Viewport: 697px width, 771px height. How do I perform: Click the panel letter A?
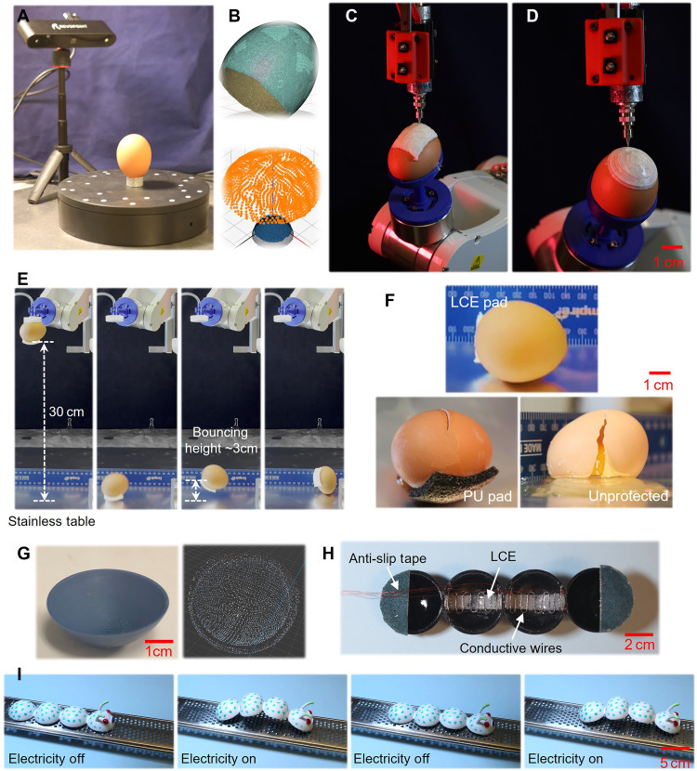[23, 16]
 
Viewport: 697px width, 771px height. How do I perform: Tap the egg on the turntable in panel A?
[133, 155]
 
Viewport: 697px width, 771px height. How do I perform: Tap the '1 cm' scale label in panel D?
[668, 262]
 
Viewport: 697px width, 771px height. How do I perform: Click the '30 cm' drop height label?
[66, 412]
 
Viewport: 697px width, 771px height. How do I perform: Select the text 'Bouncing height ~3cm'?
[221, 440]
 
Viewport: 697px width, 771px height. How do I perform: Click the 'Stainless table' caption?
[52, 521]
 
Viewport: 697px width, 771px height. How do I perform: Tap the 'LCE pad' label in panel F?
[479, 302]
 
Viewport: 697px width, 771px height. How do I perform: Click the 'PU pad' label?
[488, 497]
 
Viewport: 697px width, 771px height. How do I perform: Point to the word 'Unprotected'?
[628, 496]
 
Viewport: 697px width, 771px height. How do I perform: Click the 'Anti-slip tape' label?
[388, 558]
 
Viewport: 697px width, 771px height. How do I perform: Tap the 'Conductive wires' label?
[510, 648]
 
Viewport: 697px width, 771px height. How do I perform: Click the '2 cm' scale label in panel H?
[639, 645]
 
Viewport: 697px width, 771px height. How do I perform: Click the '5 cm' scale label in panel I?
[675, 764]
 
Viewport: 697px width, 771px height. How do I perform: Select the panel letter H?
[328, 554]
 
